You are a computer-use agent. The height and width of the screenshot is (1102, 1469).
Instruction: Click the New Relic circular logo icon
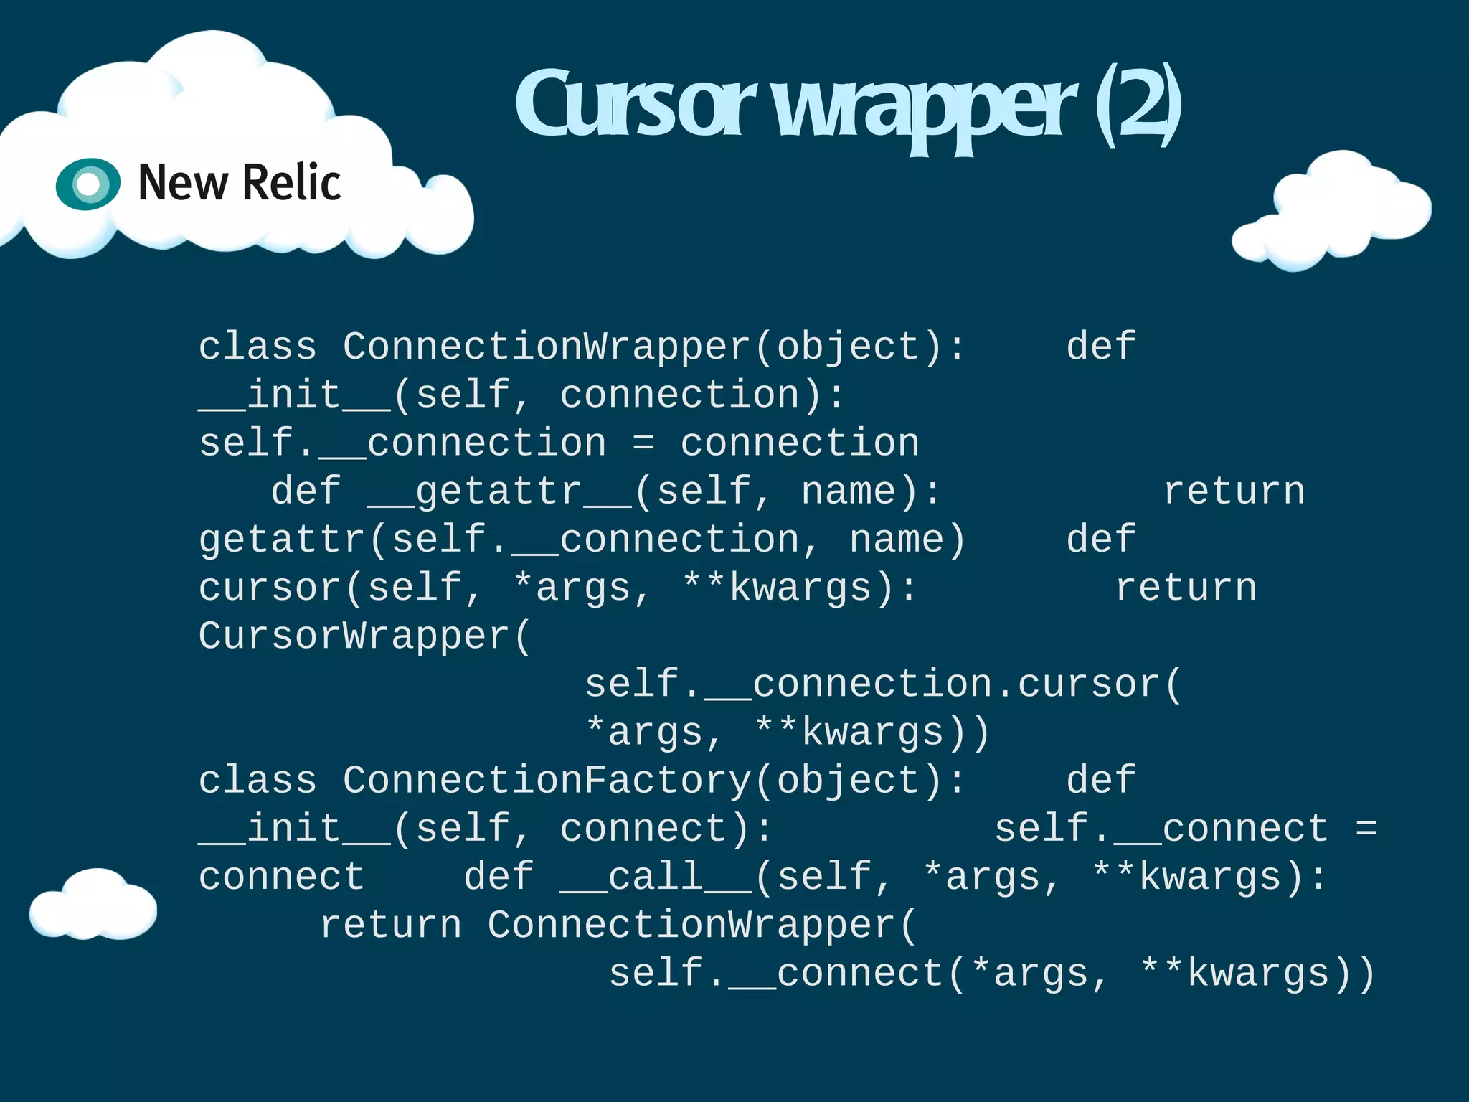tap(88, 184)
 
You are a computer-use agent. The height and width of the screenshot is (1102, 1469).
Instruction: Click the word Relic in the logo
tap(291, 183)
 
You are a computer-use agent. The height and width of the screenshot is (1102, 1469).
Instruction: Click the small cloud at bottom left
tap(93, 905)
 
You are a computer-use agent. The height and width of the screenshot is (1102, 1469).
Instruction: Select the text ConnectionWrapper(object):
tap(653, 347)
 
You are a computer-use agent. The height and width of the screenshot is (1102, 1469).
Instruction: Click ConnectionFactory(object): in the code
tap(653, 781)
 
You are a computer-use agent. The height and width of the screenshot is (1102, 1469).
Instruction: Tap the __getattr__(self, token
tap(569, 492)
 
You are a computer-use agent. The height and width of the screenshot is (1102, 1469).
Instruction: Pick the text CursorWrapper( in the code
tap(364, 636)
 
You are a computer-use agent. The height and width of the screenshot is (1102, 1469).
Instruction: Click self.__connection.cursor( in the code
tap(882, 684)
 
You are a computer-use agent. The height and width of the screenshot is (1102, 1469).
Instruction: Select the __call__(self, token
tap(724, 877)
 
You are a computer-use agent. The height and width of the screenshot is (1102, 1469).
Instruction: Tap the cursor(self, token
tap(340, 588)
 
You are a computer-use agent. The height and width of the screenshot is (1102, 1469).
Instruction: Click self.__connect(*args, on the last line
tap(858, 974)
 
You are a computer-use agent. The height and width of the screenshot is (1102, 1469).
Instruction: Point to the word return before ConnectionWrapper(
tap(390, 925)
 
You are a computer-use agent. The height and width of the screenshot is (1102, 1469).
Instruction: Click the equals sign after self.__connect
tap(1366, 829)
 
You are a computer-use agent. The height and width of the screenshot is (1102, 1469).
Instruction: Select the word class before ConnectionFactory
tap(257, 781)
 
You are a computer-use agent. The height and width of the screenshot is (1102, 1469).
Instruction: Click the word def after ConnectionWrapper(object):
tap(1100, 347)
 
